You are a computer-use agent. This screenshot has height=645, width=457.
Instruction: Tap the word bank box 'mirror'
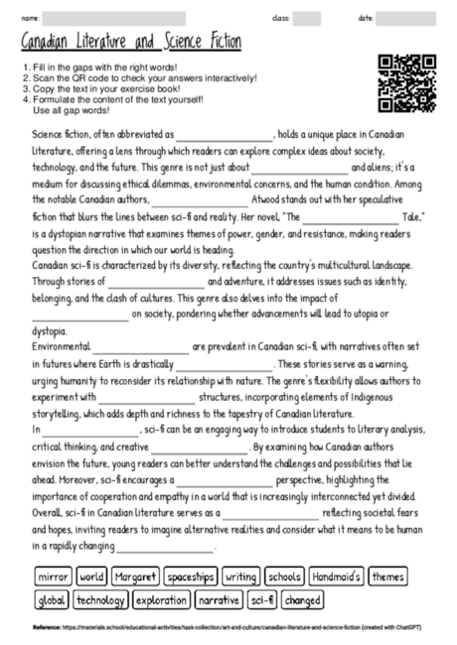point(52,576)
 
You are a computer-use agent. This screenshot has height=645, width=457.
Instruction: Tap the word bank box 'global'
point(51,600)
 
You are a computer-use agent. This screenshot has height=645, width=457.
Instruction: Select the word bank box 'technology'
point(100,600)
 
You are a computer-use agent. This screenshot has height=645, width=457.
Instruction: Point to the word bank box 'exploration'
point(160,600)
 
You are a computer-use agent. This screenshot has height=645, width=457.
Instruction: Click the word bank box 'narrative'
point(219,600)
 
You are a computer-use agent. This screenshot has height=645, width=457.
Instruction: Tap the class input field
point(306,18)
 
